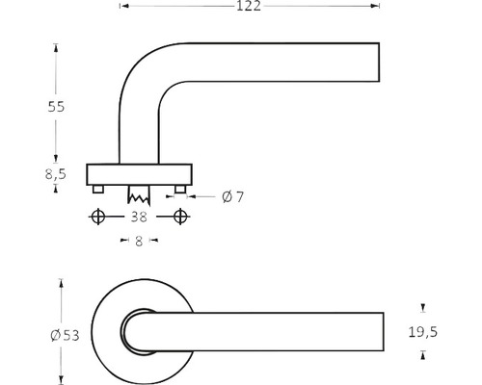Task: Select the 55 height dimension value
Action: point(56,107)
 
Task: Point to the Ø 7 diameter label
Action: point(232,196)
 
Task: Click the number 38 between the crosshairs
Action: point(138,217)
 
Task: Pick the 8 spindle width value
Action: point(139,243)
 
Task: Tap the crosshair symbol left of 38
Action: point(96,217)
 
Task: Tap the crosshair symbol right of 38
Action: point(180,217)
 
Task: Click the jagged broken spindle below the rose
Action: point(139,193)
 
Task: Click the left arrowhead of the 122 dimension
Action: point(122,8)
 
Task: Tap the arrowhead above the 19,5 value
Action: point(422,308)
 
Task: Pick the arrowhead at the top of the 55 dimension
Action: point(56,47)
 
